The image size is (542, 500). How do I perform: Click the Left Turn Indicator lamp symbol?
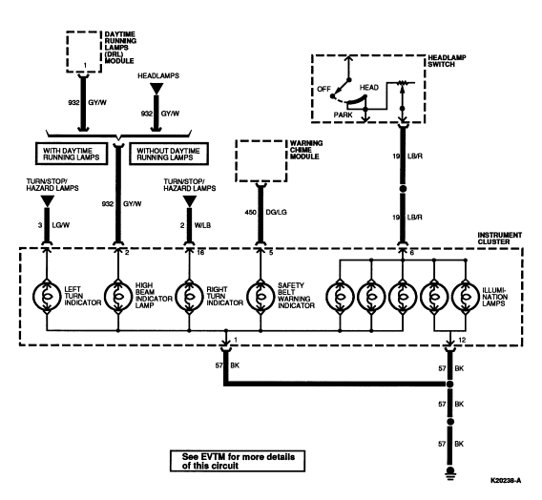pos(47,297)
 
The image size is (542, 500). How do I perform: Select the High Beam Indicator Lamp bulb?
pos(118,297)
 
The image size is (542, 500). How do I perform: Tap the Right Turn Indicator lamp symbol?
pos(189,297)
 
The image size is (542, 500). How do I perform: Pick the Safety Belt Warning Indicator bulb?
pos(261,297)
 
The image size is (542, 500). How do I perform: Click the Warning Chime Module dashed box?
pos(236,160)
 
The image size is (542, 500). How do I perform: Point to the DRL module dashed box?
pos(67,52)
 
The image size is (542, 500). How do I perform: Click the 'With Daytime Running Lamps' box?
pos(72,154)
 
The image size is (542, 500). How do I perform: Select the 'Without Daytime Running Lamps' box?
pos(169,154)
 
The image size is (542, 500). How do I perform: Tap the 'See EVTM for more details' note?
pos(238,461)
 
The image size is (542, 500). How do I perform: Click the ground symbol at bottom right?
pos(450,473)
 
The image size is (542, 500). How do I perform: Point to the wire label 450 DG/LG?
pos(266,212)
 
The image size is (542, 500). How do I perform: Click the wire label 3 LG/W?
pos(54,225)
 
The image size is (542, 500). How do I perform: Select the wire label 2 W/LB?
pos(196,225)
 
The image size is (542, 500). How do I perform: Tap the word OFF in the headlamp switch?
pos(323,89)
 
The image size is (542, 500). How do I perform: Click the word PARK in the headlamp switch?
pos(343,115)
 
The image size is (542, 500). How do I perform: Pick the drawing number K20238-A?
pos(506,480)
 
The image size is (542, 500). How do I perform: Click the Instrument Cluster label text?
pos(499,239)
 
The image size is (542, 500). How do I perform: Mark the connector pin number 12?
pos(462,340)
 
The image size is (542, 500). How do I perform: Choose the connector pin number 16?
pos(200,253)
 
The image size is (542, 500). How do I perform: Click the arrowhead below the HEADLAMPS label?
pos(156,89)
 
